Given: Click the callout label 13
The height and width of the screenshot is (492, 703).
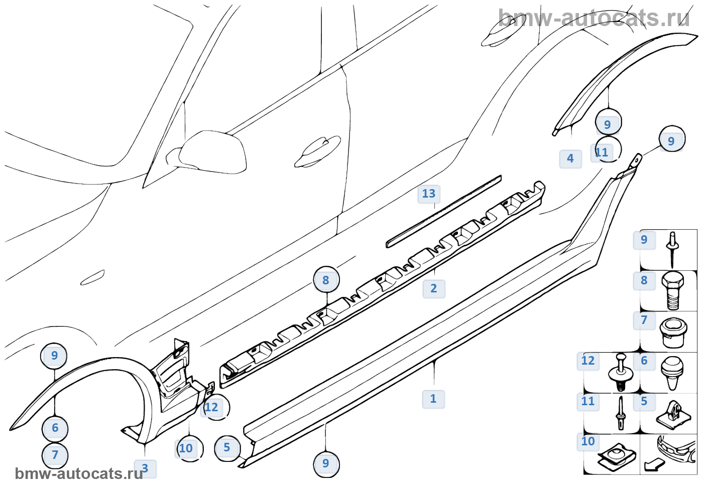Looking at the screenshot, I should tap(428, 194).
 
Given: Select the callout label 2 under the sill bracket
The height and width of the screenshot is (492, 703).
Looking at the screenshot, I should tap(434, 288).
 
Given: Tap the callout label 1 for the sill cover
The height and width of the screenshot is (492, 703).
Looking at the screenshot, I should tap(433, 399).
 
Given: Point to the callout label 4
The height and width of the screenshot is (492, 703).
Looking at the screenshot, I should tap(570, 158).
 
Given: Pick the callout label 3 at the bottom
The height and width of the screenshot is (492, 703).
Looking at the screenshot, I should tap(145, 468).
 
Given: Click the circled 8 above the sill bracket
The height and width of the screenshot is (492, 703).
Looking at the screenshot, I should tap(326, 280).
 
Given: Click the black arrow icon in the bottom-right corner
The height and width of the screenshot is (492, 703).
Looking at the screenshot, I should tap(654, 465).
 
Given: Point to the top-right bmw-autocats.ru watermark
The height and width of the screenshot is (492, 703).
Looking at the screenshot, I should tap(594, 19).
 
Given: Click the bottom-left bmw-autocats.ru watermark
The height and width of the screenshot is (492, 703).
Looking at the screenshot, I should tap(79, 474).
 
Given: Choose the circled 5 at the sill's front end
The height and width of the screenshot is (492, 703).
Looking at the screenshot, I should tap(227, 447).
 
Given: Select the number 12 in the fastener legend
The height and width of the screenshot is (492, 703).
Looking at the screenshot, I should tap(588, 361).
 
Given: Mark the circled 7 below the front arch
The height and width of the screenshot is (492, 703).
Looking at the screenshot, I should tap(55, 455).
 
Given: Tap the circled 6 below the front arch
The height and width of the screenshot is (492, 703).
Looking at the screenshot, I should tap(55, 428).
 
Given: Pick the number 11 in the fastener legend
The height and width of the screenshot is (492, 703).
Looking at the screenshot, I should tap(588, 401).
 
